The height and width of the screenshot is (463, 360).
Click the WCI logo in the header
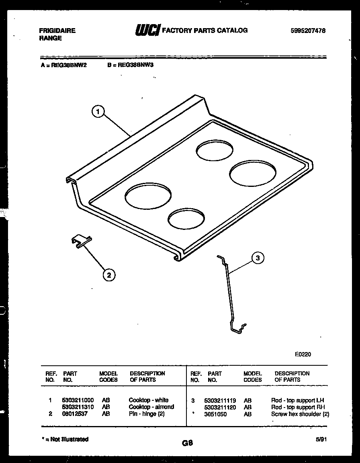(147, 31)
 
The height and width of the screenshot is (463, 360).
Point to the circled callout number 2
(108, 275)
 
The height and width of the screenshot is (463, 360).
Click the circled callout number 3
(258, 258)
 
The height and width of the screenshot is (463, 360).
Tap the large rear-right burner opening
(253, 173)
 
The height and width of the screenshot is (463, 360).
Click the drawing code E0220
(303, 354)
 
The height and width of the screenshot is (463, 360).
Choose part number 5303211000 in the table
(78, 400)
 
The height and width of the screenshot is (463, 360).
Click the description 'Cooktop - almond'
(151, 407)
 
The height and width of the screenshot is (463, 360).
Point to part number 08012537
(75, 414)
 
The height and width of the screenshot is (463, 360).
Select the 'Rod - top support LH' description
(297, 400)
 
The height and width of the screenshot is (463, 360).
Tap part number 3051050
(215, 414)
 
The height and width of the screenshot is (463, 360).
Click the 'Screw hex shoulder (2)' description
(300, 414)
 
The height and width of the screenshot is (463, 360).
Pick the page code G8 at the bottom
(187, 443)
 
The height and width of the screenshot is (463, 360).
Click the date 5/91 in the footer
(320, 440)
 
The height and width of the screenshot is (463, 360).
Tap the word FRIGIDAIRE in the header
(57, 31)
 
